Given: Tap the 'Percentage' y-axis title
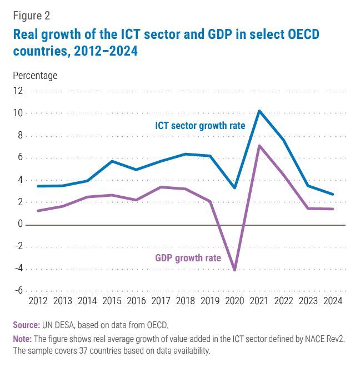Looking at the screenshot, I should tap(35, 75).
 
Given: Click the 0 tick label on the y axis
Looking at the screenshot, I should tap(20, 225).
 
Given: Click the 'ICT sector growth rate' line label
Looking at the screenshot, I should tap(200, 126).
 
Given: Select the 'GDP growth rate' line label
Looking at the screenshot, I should tap(188, 258).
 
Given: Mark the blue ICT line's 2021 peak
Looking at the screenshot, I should tap(259, 111).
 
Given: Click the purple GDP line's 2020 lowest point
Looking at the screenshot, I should tap(235, 270).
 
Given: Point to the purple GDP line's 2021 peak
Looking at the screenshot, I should tap(259, 146).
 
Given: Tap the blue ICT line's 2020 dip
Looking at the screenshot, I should tap(235, 187).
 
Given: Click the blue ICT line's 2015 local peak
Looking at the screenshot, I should tap(112, 161).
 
